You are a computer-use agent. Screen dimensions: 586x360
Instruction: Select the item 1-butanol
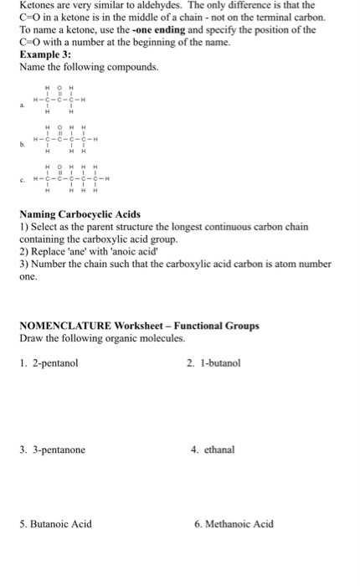(220, 363)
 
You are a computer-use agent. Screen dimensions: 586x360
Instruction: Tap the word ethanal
(219, 450)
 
